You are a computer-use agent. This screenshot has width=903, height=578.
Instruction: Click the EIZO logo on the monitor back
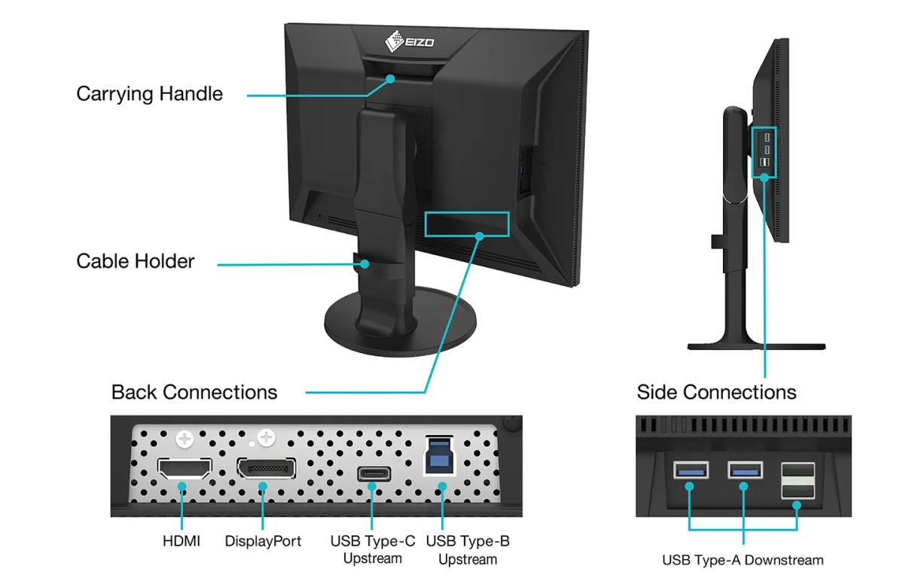(x=410, y=38)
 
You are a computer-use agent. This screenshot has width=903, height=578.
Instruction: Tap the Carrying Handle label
(x=149, y=94)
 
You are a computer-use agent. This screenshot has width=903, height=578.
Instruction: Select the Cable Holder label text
(x=136, y=261)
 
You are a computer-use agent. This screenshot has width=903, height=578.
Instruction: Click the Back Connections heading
(x=194, y=392)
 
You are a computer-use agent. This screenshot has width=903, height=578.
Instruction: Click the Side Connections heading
(x=716, y=392)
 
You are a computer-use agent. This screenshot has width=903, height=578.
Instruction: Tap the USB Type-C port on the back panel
(x=372, y=474)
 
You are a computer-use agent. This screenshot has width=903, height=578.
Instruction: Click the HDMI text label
(x=182, y=541)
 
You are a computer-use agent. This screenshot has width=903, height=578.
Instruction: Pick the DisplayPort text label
(x=263, y=541)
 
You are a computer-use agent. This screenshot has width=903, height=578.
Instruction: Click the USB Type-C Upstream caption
(x=372, y=549)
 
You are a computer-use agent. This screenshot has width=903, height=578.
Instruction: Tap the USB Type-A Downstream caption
(x=743, y=560)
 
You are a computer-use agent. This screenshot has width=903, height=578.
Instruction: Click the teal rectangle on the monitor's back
(x=467, y=224)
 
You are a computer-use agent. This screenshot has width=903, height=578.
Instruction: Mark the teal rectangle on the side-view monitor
(x=764, y=152)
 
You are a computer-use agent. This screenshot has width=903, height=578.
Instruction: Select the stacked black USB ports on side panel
(x=798, y=480)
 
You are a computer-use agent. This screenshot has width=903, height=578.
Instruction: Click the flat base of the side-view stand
(x=757, y=345)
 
